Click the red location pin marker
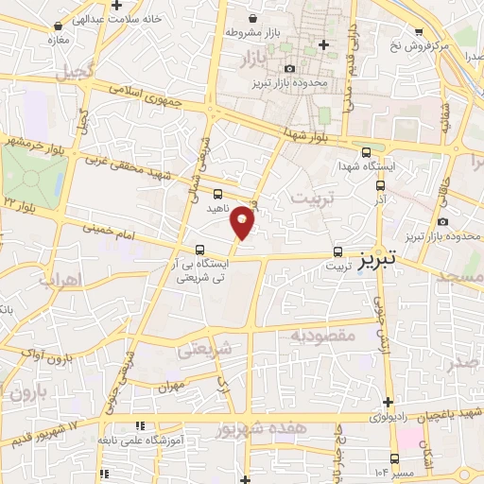coord(244,221)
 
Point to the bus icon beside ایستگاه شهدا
coord(367,151)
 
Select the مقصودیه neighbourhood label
coord(322,335)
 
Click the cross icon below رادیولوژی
coord(388,403)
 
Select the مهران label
coord(171,387)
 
